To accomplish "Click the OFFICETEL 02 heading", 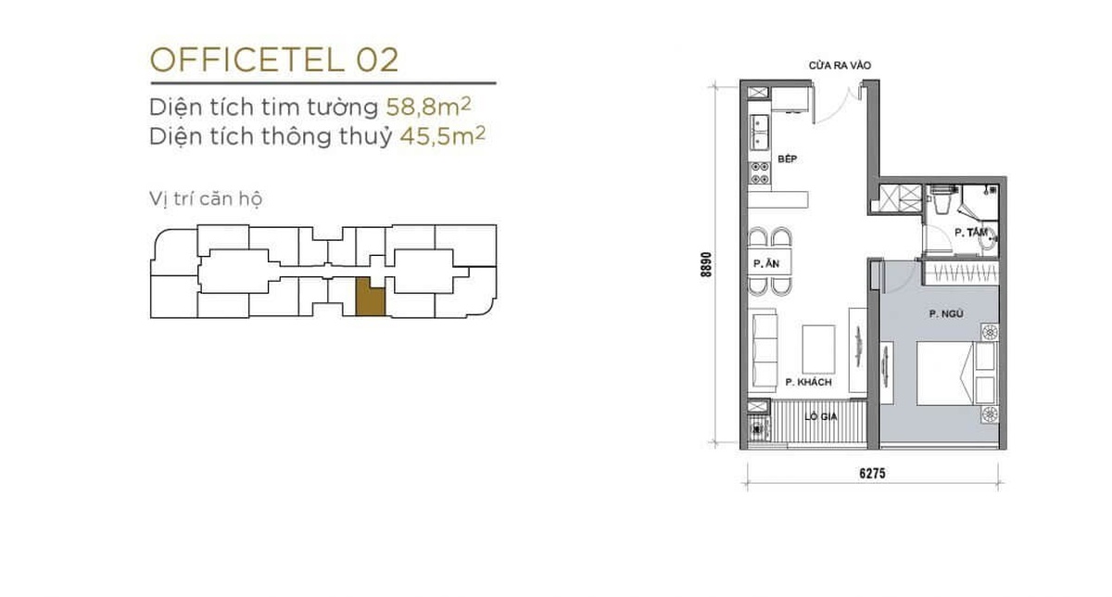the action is (274, 60).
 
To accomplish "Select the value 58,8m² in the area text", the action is (428, 107).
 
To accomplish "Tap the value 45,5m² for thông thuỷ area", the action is (442, 136).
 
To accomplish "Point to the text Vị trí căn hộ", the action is (206, 199).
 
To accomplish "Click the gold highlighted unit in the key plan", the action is (371, 297).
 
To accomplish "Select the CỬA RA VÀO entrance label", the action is (840, 66).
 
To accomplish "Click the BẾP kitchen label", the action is (788, 159).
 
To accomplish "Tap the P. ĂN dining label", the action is (766, 263).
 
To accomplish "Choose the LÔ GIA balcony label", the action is (821, 417).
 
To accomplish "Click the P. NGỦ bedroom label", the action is (946, 314).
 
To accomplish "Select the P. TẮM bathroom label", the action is (971, 233).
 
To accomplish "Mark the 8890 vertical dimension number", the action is (707, 264).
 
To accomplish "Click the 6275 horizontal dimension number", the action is (872, 474).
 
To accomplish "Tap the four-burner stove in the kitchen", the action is (760, 172).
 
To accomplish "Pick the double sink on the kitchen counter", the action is (759, 133).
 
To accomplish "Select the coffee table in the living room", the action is (818, 349).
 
